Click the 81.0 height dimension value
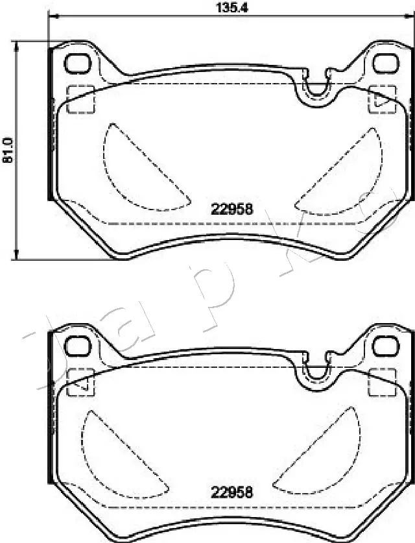(8, 150)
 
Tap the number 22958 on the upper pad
(231, 210)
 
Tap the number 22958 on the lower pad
(231, 492)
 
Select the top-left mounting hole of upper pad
(78, 63)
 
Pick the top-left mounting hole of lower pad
(78, 346)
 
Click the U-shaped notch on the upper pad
(317, 88)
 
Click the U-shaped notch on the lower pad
(317, 371)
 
